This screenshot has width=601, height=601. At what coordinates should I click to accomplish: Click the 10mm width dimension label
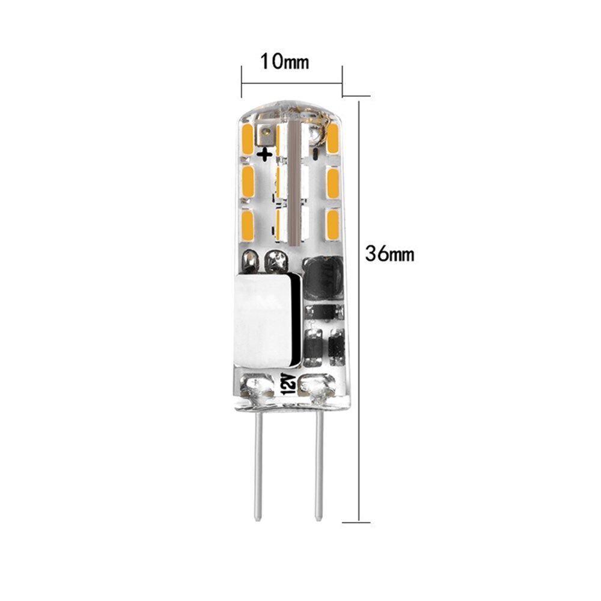coord(284,61)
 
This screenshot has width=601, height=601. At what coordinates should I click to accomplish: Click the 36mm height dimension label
coord(390,253)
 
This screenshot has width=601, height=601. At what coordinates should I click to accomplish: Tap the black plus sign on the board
coord(265,154)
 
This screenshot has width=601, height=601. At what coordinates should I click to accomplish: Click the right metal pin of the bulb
coord(319,467)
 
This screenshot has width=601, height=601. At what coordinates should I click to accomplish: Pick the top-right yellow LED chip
coord(333,139)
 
